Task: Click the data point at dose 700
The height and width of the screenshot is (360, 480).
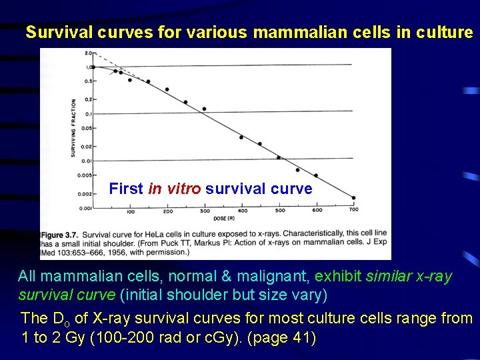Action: tap(353, 197)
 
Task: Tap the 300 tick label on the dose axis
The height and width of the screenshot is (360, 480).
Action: tap(205, 211)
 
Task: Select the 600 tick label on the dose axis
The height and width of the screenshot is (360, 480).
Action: tap(317, 211)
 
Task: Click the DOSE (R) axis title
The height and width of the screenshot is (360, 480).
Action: tap(223, 216)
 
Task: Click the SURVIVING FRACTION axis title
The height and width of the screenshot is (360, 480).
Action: tap(73, 128)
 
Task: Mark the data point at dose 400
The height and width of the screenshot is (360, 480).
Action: tap(241, 137)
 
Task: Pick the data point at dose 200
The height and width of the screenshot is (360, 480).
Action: tap(167, 89)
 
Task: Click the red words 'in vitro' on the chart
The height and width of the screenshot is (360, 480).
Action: tap(175, 189)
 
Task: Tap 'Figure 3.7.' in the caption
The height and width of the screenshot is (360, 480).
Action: tap(61, 235)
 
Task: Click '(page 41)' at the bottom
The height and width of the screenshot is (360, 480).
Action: tap(281, 337)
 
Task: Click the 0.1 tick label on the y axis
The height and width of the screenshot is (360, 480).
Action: tap(87, 113)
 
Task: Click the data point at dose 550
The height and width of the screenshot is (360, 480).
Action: tap(297, 169)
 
